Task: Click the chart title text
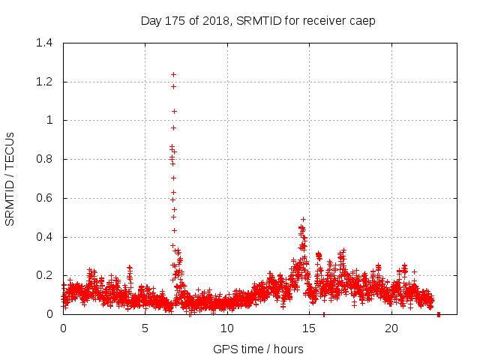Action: tap(257, 21)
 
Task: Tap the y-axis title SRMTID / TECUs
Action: tap(10, 178)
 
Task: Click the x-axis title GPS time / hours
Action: tap(258, 349)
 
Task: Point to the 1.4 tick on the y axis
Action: tap(46, 43)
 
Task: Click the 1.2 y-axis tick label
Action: tap(46, 81)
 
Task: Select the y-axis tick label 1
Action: tap(49, 120)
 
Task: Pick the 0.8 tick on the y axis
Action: tap(46, 159)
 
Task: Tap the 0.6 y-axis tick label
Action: tap(46, 198)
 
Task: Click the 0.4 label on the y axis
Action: tap(46, 237)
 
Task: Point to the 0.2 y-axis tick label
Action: tap(46, 276)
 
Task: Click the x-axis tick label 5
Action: tap(145, 328)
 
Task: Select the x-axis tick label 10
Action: tap(227, 328)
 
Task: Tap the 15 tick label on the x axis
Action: tap(309, 328)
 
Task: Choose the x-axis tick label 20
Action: tap(391, 328)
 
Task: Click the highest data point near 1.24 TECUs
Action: tap(173, 74)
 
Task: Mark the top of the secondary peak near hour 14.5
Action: tap(303, 219)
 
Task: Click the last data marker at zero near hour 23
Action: tap(439, 314)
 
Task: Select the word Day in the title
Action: tap(151, 21)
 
